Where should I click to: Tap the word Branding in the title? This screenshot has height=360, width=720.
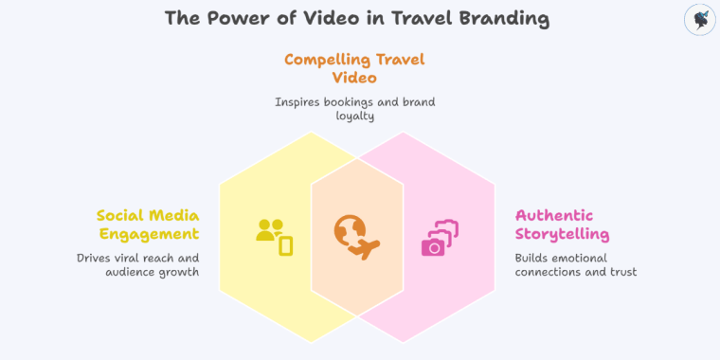[508, 18]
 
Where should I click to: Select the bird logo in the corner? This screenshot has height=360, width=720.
[698, 20]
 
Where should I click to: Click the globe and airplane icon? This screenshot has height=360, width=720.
[356, 237]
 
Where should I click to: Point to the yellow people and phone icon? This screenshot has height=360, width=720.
[275, 237]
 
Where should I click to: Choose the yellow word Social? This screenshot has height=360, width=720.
[119, 215]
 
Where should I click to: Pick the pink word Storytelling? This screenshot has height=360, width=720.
[562, 233]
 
